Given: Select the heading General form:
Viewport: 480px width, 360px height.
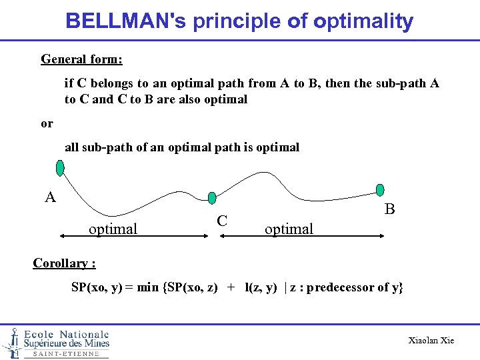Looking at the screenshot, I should (x=81, y=59).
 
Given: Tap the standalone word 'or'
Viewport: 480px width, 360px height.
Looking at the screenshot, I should (x=47, y=123).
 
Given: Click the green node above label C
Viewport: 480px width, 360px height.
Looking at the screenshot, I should (x=212, y=197).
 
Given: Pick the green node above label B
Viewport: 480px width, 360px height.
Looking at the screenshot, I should (x=381, y=189).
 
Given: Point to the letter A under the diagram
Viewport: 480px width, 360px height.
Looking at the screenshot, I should (x=50, y=197).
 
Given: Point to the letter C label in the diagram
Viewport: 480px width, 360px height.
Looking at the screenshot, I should (x=223, y=221).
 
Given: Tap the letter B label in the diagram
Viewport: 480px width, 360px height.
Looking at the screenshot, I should (x=390, y=209).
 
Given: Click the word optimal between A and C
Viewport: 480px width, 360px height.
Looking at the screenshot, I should (x=113, y=229).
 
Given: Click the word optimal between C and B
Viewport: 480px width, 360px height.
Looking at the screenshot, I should (x=289, y=229).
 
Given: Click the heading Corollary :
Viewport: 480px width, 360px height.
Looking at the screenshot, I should (x=64, y=263).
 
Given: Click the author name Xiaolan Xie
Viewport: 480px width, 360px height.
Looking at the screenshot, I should (x=431, y=340).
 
